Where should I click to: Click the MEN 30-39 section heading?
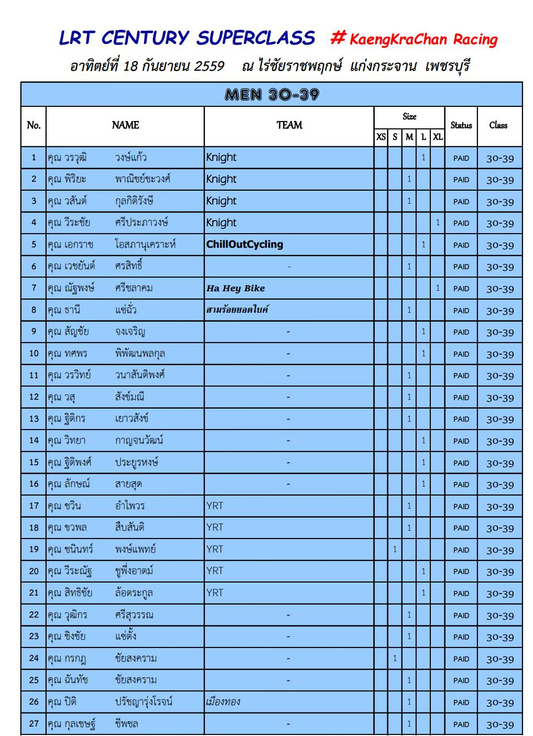(x=271, y=94)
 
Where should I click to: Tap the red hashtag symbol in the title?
(x=338, y=37)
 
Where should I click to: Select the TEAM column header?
(x=289, y=125)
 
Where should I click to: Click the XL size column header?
(x=438, y=137)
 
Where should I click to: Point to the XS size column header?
(x=381, y=137)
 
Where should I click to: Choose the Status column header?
(x=461, y=125)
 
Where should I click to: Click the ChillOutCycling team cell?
(x=245, y=245)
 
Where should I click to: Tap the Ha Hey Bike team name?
(x=236, y=288)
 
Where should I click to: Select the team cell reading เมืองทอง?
(x=223, y=702)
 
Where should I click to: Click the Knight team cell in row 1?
(x=221, y=158)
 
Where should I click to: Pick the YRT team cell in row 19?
(x=215, y=550)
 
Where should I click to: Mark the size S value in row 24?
(x=395, y=658)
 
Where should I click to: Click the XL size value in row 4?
(x=438, y=223)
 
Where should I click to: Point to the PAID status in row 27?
(x=461, y=724)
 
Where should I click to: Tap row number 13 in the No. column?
(x=34, y=419)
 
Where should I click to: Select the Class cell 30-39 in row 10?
(x=500, y=354)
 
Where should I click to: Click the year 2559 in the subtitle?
(x=209, y=67)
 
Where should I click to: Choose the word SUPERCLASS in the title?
(x=256, y=38)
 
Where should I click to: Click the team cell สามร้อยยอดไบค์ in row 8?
(x=237, y=310)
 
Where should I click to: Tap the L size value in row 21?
(x=423, y=593)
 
